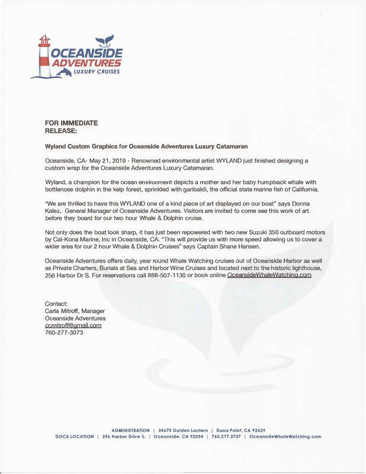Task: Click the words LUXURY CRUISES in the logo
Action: (x=100, y=72)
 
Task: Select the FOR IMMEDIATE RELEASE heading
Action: (x=71, y=127)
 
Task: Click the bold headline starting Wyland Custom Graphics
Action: (x=146, y=145)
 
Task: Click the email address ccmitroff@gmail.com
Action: (x=73, y=325)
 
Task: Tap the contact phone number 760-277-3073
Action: (x=64, y=333)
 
